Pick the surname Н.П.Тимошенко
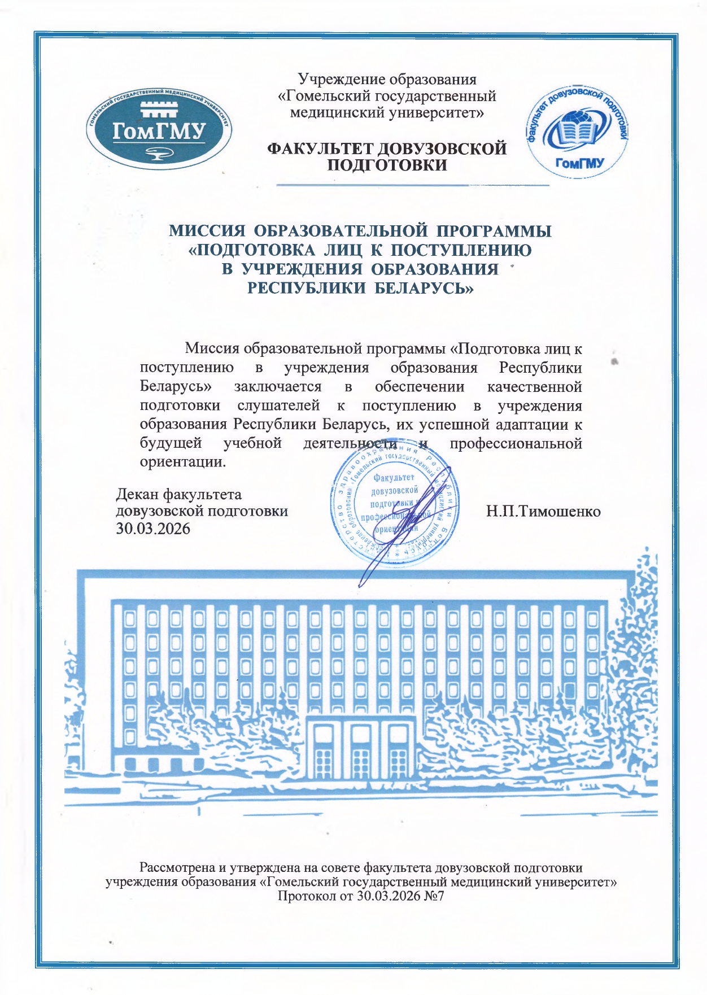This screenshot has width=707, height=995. pyautogui.click(x=543, y=512)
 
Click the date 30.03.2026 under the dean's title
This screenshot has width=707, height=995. pyautogui.click(x=153, y=529)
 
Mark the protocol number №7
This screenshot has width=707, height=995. pyautogui.click(x=434, y=896)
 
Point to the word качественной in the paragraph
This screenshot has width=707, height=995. pyautogui.click(x=534, y=387)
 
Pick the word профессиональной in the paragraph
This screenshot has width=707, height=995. pyautogui.click(x=516, y=443)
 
